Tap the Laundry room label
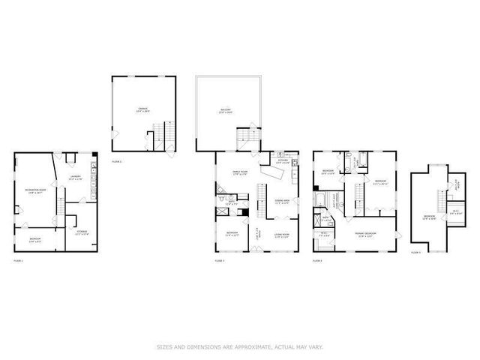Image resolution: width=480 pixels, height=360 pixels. [76, 177]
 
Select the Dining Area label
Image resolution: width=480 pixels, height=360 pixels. [282, 201]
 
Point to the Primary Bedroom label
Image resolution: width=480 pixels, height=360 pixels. [365, 233]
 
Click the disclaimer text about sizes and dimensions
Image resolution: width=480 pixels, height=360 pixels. [239, 346]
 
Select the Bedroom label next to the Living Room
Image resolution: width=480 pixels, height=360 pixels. [232, 233]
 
